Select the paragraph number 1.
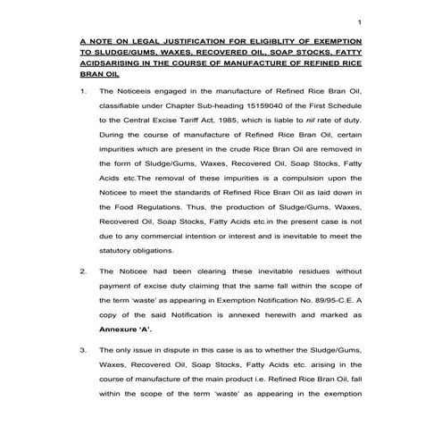coord(83,91)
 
